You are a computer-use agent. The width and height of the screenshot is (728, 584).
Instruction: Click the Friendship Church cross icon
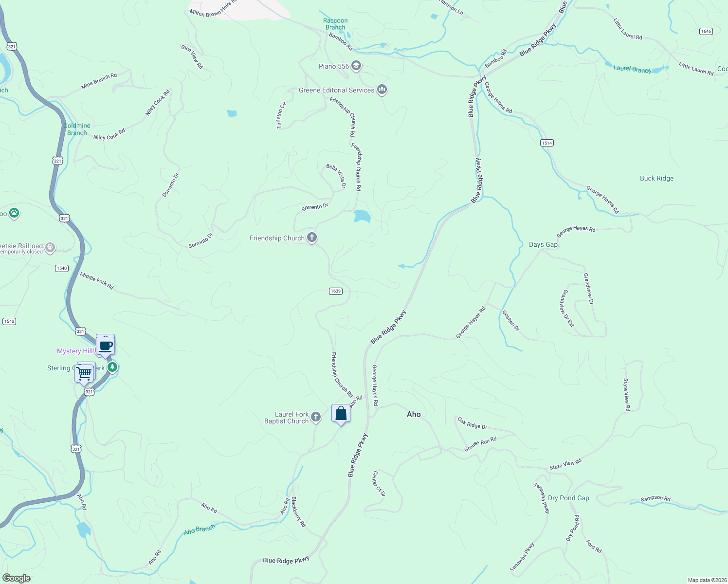click(x=312, y=237)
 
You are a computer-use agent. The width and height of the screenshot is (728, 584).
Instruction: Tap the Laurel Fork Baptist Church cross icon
click(x=316, y=417)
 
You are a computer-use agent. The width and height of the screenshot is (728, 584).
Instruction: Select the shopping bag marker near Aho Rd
click(x=341, y=414)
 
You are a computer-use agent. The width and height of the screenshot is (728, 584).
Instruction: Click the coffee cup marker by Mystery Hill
click(x=106, y=346)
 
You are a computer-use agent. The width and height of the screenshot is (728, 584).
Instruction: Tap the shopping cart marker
click(x=85, y=373)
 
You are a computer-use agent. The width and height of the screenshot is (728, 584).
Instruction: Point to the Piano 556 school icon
click(x=356, y=66)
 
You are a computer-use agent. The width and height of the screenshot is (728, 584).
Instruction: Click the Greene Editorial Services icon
click(x=382, y=90)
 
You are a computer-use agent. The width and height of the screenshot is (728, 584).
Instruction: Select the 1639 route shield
click(x=336, y=291)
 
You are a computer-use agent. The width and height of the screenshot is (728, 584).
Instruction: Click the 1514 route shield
click(x=547, y=143)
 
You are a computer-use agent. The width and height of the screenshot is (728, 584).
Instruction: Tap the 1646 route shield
click(x=706, y=31)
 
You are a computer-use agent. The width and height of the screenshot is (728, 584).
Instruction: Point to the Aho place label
click(x=414, y=414)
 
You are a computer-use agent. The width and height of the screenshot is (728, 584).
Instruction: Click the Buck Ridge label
click(x=656, y=178)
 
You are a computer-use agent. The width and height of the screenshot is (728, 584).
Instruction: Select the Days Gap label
click(x=543, y=244)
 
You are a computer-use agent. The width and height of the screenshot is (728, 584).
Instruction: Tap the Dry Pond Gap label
click(x=568, y=498)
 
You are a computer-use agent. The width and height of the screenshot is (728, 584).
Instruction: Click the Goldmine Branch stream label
click(x=77, y=129)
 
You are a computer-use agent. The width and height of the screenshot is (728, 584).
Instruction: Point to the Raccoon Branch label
click(x=335, y=24)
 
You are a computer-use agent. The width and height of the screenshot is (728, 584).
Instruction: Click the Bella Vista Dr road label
click(x=336, y=176)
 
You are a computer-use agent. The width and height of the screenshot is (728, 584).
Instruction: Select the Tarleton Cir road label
click(x=281, y=115)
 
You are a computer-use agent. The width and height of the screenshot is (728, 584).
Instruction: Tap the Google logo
click(x=17, y=578)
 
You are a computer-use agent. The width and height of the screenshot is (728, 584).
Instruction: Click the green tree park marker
click(x=112, y=367)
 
